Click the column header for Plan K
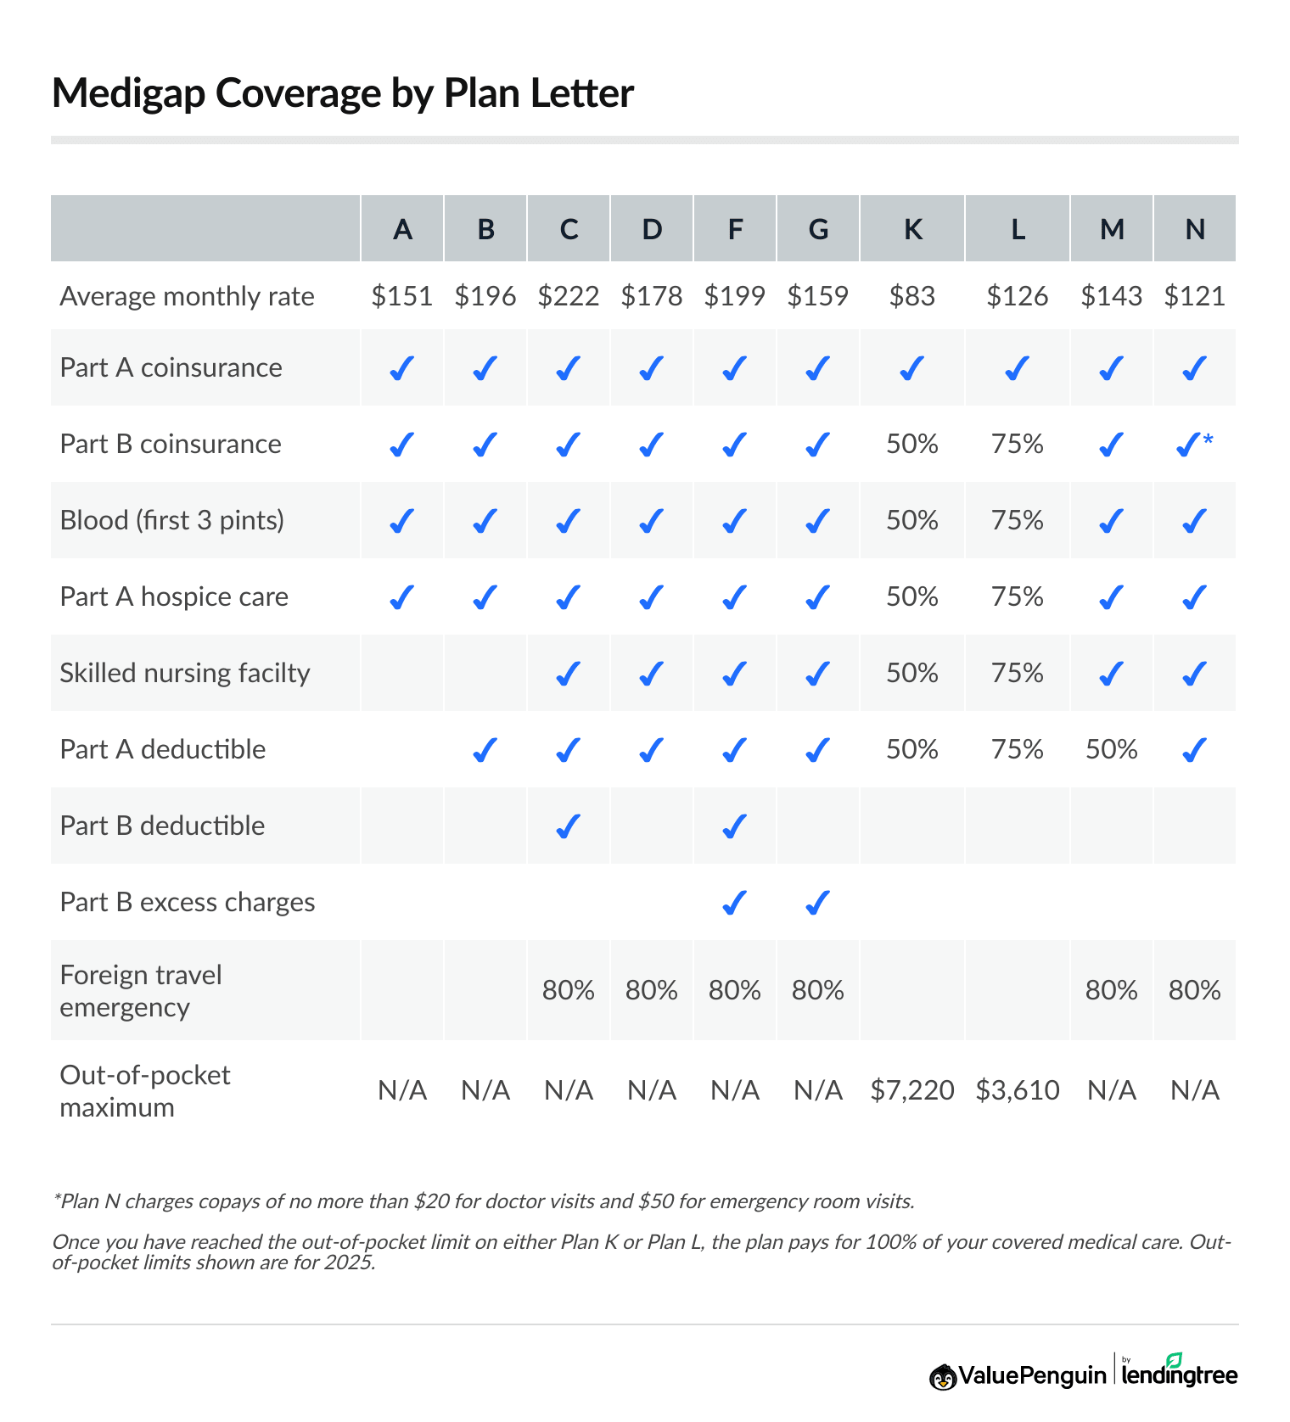(912, 229)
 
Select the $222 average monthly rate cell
(569, 296)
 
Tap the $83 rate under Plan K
(912, 296)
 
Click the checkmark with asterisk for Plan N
(1193, 444)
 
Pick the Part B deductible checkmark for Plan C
(568, 826)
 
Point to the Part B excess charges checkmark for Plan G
(817, 902)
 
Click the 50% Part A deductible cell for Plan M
(1111, 749)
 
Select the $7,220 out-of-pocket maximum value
(912, 1090)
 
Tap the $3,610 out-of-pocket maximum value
(1018, 1090)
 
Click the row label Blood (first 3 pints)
(172, 520)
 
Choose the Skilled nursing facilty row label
(185, 673)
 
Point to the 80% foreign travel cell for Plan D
(652, 990)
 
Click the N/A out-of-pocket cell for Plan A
(402, 1090)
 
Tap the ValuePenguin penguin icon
(942, 1376)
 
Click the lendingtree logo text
(1179, 1374)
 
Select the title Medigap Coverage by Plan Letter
(343, 93)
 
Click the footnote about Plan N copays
(484, 1201)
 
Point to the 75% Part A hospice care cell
(1018, 596)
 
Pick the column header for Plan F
(735, 229)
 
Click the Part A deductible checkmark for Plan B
(485, 749)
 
